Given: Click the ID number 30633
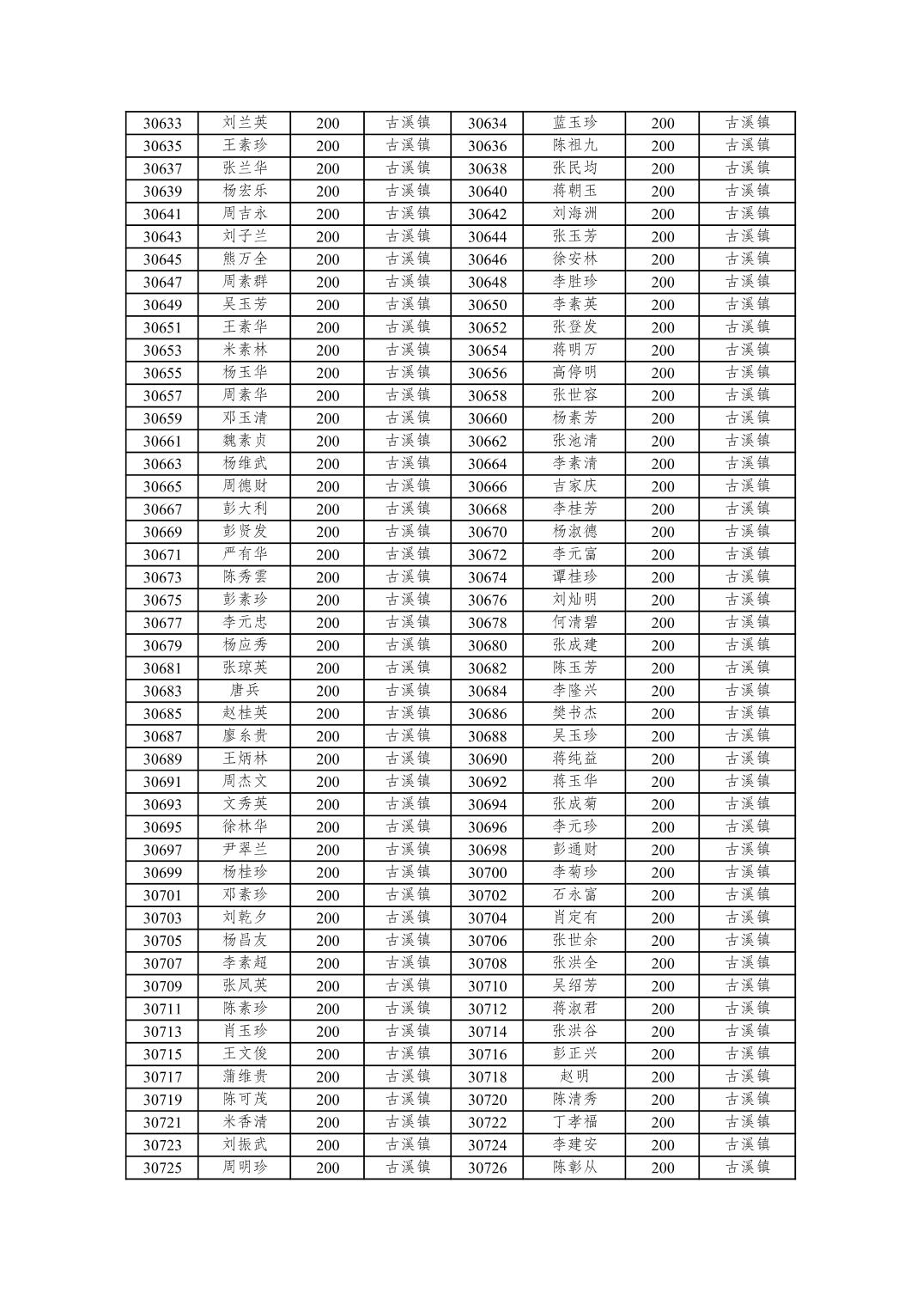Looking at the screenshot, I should tap(162, 123).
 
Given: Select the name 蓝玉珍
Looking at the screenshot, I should tap(574, 123).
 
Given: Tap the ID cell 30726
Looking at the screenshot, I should tap(487, 1168).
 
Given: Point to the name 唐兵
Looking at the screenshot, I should tap(245, 690).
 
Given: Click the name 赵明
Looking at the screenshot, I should tap(574, 1076).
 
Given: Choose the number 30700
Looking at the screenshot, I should tap(487, 872).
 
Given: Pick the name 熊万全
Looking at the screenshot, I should tap(245, 259).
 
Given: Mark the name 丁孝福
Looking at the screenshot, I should tap(574, 1122).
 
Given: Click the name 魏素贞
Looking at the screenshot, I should tap(245, 441).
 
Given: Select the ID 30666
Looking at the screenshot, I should tap(487, 486).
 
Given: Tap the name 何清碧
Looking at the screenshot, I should tap(574, 622).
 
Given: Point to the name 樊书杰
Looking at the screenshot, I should tap(574, 713).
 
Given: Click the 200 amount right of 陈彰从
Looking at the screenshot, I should tap(662, 1168).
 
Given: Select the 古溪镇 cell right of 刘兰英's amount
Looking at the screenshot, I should tap(408, 123).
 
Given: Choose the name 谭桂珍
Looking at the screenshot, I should tap(574, 576).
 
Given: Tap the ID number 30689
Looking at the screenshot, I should tap(162, 759).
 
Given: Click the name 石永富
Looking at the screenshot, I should tap(574, 894).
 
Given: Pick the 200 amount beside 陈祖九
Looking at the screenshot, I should tap(662, 145).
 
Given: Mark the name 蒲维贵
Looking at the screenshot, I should tap(245, 1076).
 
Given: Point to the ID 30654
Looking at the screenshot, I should tap(487, 350).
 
